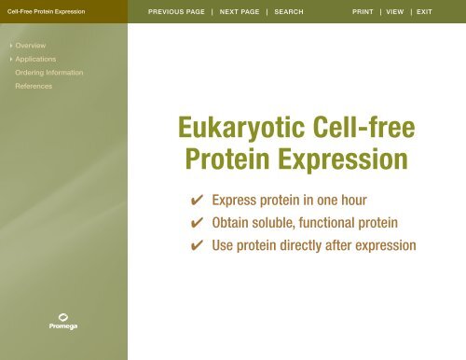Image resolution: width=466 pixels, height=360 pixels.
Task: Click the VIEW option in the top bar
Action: pyautogui.click(x=399, y=12)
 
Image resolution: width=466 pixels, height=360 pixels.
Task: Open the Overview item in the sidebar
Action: pyautogui.click(x=31, y=45)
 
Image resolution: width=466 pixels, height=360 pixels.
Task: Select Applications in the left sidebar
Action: pyautogui.click(x=35, y=59)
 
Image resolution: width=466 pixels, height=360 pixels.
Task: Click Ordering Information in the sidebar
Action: pyautogui.click(x=49, y=72)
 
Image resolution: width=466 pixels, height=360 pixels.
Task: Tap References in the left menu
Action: pyautogui.click(x=34, y=86)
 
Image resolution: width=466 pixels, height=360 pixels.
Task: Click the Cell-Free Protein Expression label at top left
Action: pyautogui.click(x=46, y=12)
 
